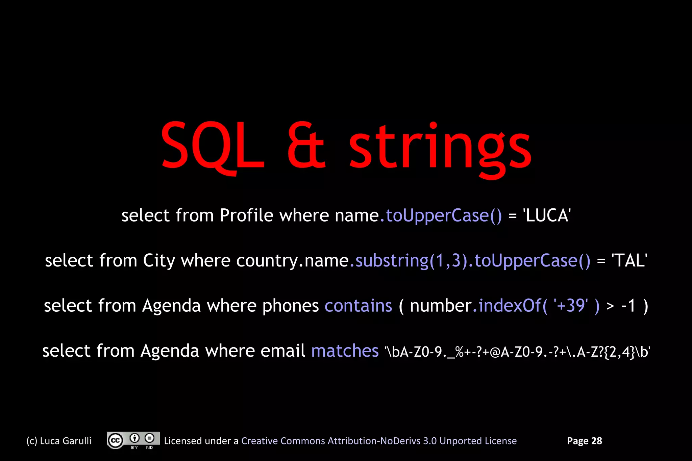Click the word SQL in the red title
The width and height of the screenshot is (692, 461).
tap(212, 146)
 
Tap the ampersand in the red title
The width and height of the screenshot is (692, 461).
tap(306, 146)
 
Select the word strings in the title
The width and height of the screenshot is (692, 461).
tap(440, 149)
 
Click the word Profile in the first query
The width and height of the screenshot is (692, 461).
tap(246, 215)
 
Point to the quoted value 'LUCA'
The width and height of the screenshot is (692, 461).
tap(547, 215)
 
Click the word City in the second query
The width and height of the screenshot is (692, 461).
tap(159, 261)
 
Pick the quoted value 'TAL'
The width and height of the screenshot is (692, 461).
tap(629, 261)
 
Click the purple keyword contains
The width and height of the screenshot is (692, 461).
tap(358, 306)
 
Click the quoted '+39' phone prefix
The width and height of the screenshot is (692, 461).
tap(570, 306)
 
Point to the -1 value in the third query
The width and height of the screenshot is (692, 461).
tap(628, 306)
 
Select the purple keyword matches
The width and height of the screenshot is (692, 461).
tap(345, 351)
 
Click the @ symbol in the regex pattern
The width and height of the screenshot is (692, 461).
tap(495, 352)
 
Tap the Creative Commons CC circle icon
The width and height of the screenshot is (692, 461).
tap(115, 440)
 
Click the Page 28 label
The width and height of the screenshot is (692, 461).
tap(584, 441)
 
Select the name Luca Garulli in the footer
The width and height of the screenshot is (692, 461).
tap(66, 441)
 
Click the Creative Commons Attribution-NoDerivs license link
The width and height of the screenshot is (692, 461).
tap(379, 441)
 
